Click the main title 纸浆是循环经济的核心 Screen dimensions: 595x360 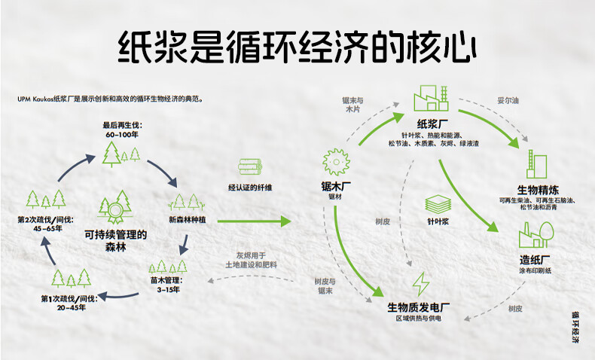[297, 47]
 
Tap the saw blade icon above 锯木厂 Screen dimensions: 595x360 [336, 162]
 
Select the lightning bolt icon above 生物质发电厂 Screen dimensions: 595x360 [420, 284]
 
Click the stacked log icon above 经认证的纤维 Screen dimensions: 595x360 [250, 166]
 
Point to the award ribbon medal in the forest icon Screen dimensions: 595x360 [115, 212]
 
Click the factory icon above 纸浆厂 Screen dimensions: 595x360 [431, 98]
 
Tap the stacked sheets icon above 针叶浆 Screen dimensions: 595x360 [438, 204]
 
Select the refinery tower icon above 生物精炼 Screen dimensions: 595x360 [536, 164]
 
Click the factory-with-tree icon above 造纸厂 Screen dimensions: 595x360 [536, 235]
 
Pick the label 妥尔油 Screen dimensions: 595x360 [508, 100]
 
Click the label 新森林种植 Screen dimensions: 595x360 [188, 220]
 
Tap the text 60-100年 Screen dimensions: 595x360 [122, 135]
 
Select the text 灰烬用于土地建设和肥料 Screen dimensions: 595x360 [252, 261]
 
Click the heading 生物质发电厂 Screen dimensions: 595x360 [419, 307]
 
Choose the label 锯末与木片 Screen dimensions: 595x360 [353, 105]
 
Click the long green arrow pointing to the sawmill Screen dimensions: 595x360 [255, 221]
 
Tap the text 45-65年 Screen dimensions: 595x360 [47, 229]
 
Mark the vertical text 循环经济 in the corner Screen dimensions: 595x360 [575, 328]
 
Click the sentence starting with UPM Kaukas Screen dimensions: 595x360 [111, 99]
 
